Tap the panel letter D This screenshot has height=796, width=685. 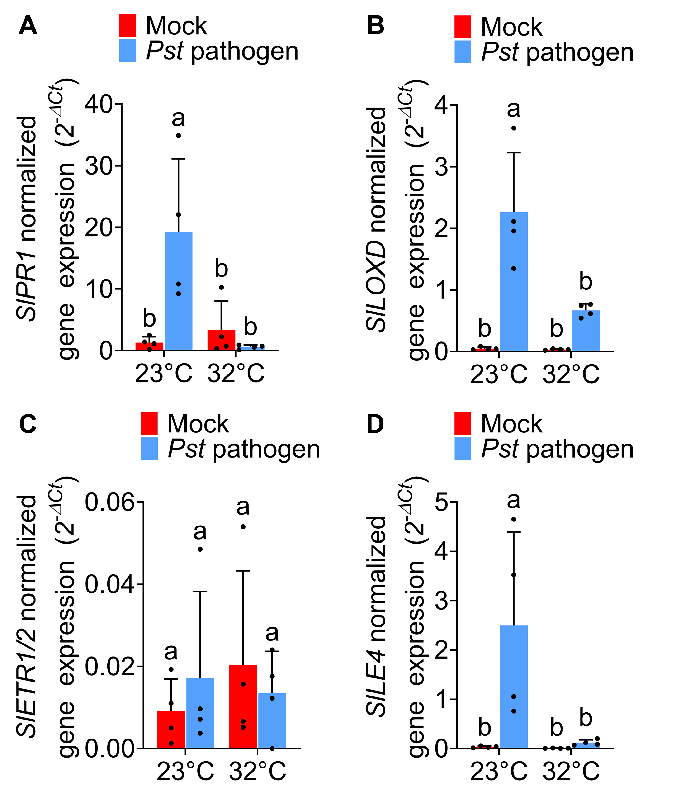(x=375, y=424)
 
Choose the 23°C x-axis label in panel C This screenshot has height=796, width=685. (x=185, y=771)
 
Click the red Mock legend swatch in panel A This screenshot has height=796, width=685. (x=128, y=26)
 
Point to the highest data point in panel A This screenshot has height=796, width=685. (x=178, y=136)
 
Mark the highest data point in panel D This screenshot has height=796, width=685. (x=514, y=519)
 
